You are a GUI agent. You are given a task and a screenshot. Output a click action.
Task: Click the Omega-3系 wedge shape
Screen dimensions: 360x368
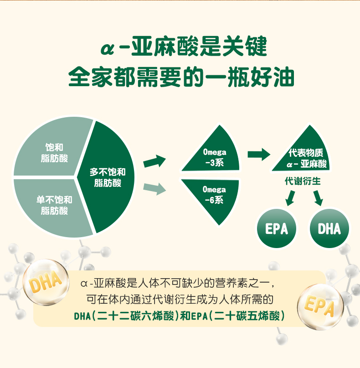coord(212,155)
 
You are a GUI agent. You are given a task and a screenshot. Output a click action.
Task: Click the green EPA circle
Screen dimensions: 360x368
coord(277,228)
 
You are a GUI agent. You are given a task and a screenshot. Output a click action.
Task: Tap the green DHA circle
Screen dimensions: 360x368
coord(329,228)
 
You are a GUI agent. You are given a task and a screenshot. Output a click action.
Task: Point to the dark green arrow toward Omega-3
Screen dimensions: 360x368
coord(154,161)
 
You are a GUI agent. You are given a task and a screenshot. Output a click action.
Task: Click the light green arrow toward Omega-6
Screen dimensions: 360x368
coord(154,187)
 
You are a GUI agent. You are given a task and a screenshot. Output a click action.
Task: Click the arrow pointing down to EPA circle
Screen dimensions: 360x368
coord(290,197)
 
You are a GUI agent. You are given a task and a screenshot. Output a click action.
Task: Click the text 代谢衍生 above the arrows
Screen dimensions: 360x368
coord(303,181)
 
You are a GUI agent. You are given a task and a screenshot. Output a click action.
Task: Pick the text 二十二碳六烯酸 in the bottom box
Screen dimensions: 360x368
coord(134,316)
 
